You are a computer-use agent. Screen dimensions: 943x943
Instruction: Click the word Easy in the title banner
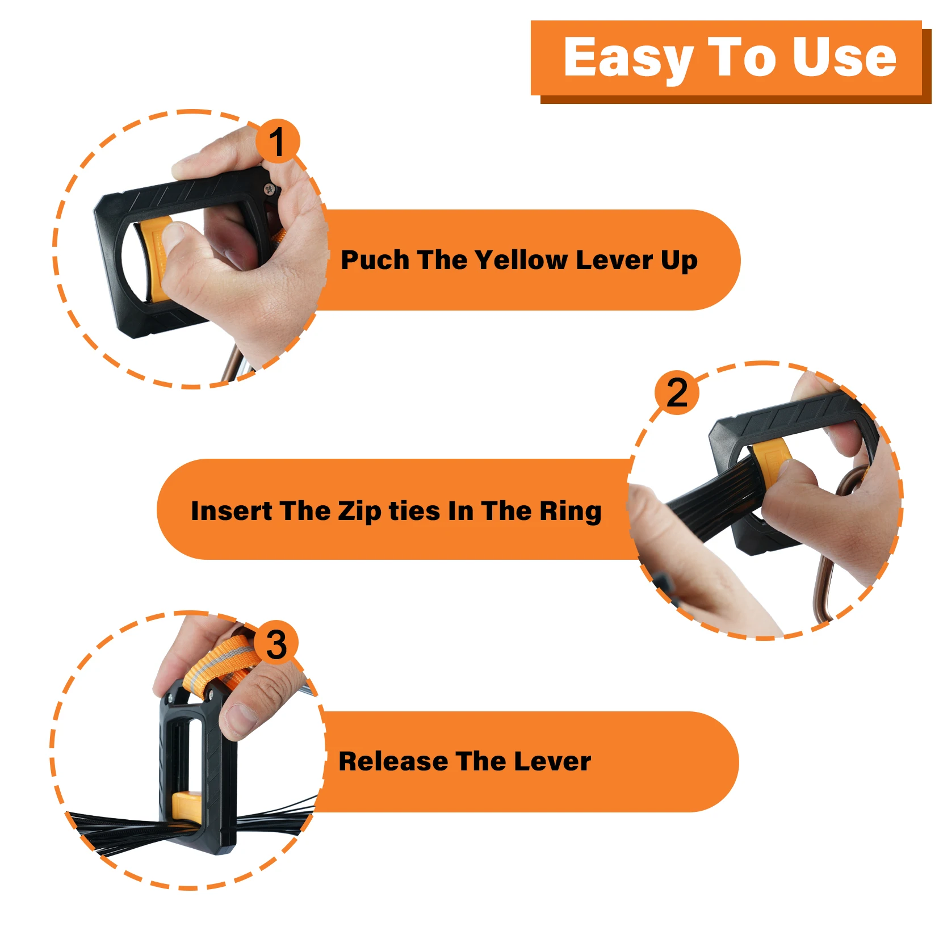[x=628, y=58]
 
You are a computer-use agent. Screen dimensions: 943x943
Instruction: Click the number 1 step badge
[x=276, y=141]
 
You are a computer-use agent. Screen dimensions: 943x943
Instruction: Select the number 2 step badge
[x=676, y=392]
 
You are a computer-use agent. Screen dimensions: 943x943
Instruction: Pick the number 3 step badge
[x=276, y=644]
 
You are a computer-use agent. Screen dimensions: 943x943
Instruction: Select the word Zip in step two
[x=359, y=512]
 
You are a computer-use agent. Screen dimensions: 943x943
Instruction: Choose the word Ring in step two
[x=570, y=510]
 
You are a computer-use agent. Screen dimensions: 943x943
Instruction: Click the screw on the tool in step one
[x=269, y=190]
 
